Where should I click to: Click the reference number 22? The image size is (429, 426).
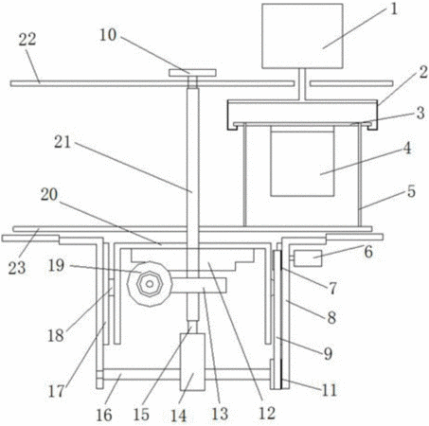[x=27, y=40]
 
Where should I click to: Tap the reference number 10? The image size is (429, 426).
[x=108, y=35]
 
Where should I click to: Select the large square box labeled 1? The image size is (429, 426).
[x=302, y=36]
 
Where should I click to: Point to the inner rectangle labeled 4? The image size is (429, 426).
[x=302, y=161]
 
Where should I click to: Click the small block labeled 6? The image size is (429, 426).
[x=308, y=258]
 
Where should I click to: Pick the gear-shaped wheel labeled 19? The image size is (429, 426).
[x=150, y=284]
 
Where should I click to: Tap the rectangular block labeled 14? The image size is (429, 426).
[x=192, y=362]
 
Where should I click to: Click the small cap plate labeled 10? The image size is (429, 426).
[x=192, y=73]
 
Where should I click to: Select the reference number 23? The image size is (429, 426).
[x=17, y=268]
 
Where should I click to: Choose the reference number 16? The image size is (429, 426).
[x=104, y=415]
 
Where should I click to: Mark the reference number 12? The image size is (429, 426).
[x=267, y=413]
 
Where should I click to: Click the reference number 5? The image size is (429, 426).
[x=411, y=191]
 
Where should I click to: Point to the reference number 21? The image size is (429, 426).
[x=63, y=142]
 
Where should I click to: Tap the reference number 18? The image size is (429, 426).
[x=56, y=335]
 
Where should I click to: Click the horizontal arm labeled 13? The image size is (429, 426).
[x=199, y=285]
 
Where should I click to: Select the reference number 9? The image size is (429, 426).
[x=329, y=353]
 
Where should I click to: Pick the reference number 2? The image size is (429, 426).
[x=423, y=72]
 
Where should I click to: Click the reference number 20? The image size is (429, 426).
[x=49, y=195]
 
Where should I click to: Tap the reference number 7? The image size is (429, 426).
[x=332, y=288]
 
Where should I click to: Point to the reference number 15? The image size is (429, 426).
[x=141, y=415]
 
